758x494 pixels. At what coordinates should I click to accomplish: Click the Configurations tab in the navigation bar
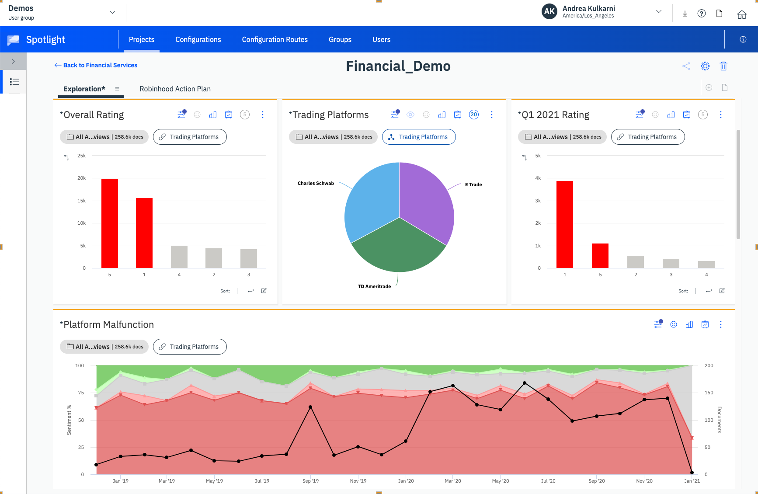point(198,39)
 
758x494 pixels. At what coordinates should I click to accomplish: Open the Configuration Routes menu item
point(275,39)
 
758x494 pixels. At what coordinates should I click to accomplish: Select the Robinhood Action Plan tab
point(175,89)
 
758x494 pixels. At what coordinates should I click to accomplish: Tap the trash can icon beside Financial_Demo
point(723,66)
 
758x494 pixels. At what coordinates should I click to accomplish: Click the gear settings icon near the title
point(705,66)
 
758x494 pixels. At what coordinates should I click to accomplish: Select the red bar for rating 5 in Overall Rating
point(110,223)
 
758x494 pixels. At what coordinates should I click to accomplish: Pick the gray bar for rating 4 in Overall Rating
point(179,257)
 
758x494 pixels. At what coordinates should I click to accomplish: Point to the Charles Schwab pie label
point(316,183)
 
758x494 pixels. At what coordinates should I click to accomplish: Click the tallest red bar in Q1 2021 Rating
point(564,224)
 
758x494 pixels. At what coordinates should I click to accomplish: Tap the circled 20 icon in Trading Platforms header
point(474,115)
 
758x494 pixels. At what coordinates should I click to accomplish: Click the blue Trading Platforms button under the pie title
point(419,137)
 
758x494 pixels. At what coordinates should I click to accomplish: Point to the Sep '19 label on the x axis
point(310,481)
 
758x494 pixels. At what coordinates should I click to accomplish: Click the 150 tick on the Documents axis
point(709,393)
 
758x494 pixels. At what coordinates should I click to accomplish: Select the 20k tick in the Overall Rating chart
point(81,178)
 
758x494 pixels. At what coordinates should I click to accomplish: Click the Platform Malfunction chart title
point(107,324)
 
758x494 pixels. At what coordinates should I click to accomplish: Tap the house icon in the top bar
point(741,14)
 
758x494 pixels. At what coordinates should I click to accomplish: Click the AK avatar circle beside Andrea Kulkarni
point(549,12)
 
